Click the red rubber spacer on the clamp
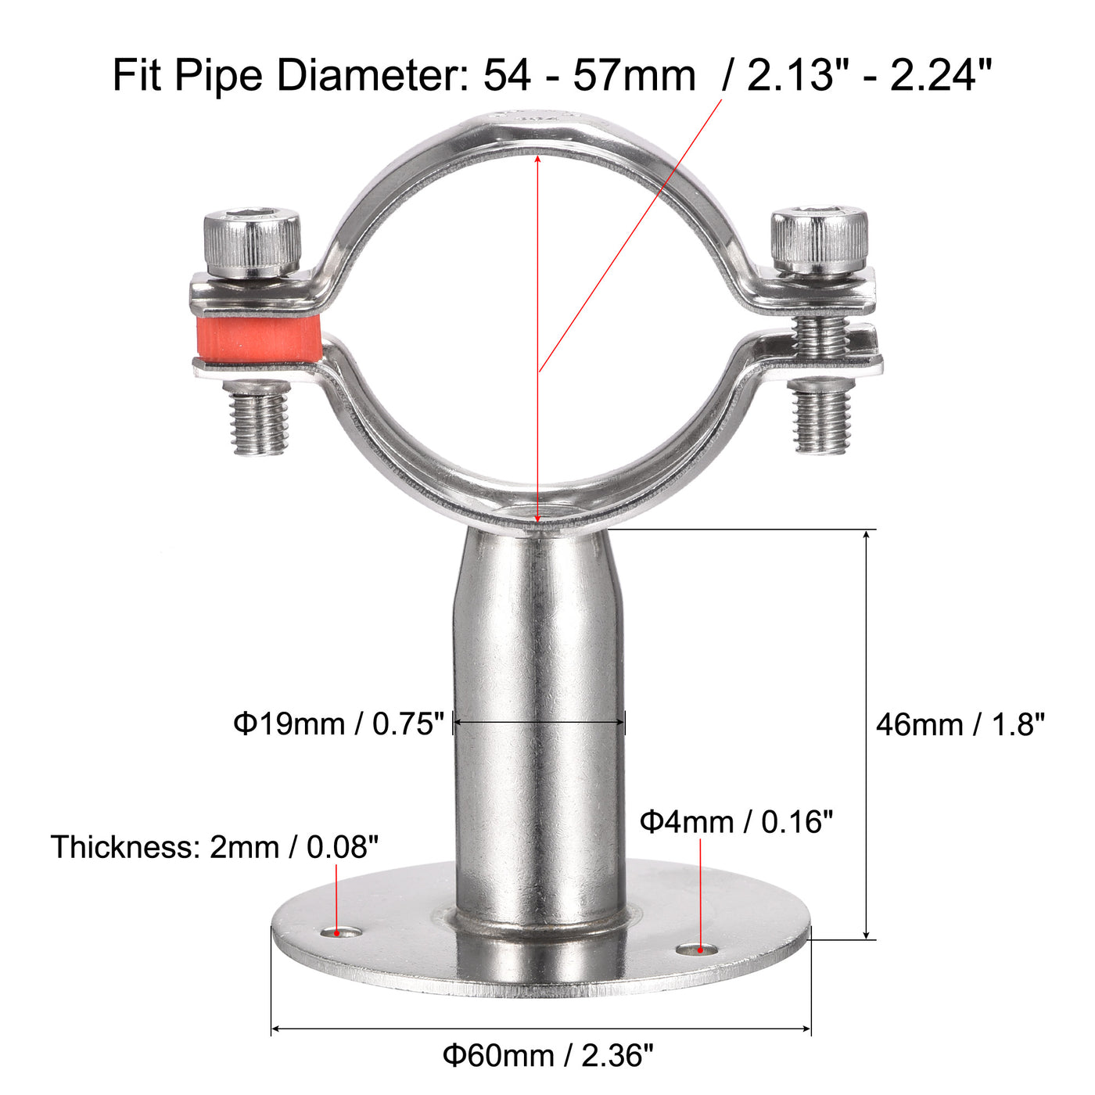click(259, 339)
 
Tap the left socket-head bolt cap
click(253, 239)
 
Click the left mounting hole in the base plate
click(343, 932)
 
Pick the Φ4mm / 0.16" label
click(736, 822)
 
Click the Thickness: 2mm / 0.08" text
click(215, 847)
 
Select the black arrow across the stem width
click(540, 723)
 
